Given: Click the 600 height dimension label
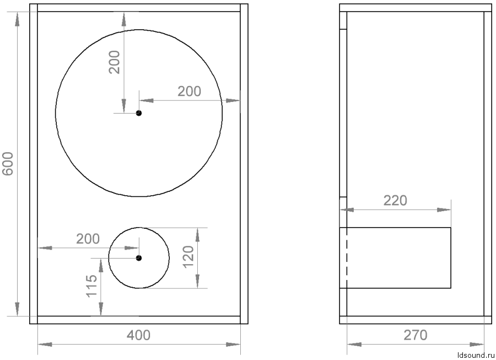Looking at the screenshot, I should [8, 164].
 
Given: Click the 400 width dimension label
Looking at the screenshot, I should [138, 335].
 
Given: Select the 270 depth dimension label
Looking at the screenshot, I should [416, 335].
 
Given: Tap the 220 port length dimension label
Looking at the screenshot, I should [395, 200].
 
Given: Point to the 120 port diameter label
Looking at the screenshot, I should [188, 257].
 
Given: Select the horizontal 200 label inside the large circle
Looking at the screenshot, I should [189, 92].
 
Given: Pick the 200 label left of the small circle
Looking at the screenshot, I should [88, 239].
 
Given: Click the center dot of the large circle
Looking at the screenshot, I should [139, 113].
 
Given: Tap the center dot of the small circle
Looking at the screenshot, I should [139, 257].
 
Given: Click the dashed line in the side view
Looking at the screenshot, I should [346, 257].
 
